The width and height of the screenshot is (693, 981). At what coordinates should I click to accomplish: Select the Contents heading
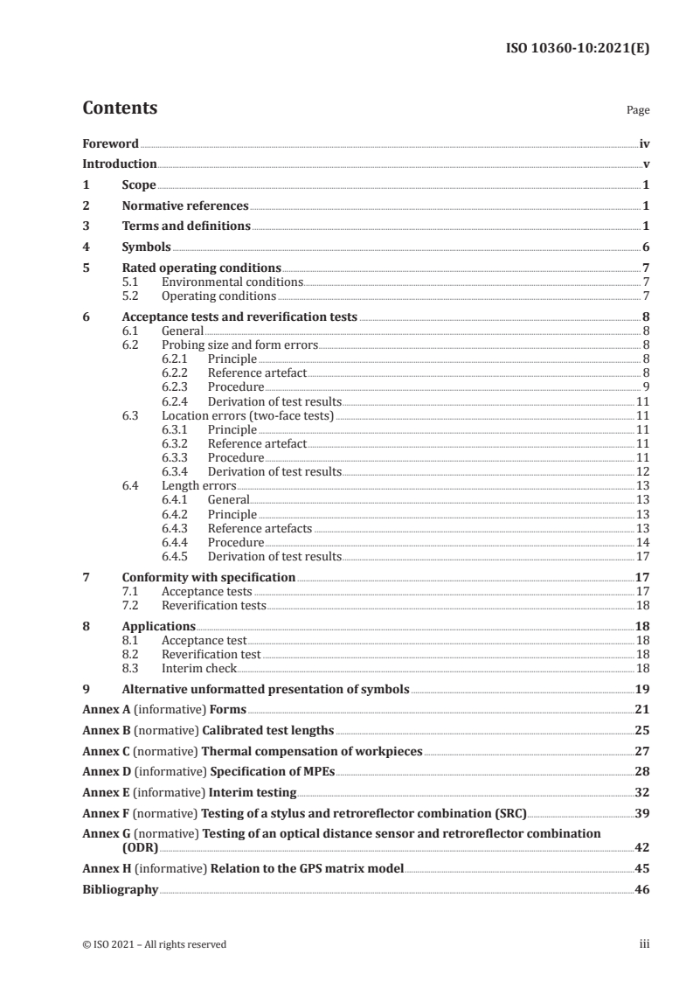tap(120, 108)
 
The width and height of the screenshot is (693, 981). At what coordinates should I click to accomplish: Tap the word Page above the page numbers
tap(638, 111)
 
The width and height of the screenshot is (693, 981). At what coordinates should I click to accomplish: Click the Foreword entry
tap(110, 143)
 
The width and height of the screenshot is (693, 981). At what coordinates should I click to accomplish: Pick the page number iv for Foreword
tap(644, 143)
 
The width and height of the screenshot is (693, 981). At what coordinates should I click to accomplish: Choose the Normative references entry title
tap(185, 206)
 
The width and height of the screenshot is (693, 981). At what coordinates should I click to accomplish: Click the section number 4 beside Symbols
tap(86, 247)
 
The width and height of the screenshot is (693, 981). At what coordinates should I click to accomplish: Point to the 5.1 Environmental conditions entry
tap(232, 282)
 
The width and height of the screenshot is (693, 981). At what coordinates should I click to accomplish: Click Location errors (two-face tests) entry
tap(248, 415)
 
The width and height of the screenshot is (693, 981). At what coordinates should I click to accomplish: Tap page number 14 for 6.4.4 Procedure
tap(641, 542)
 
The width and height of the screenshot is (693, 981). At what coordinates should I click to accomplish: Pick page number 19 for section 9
tap(642, 689)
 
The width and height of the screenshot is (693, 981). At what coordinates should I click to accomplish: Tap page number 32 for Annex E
tap(642, 793)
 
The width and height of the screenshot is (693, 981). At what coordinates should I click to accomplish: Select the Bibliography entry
tap(120, 889)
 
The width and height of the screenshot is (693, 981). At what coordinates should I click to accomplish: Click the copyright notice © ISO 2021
tap(154, 944)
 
